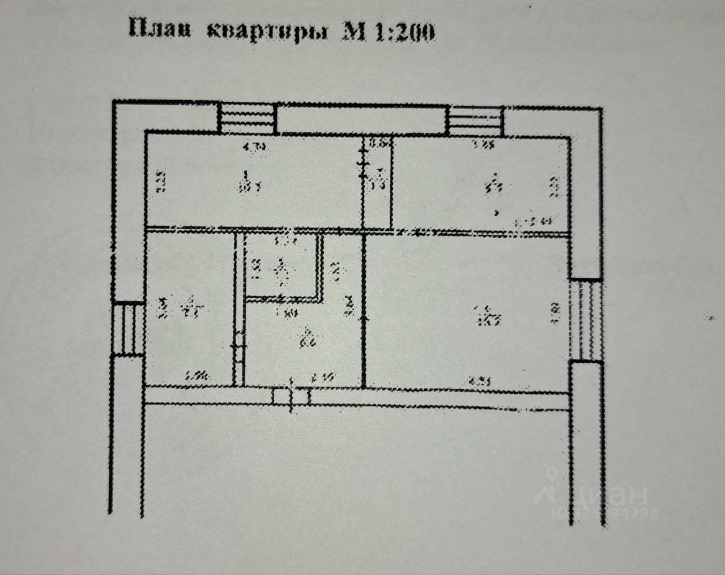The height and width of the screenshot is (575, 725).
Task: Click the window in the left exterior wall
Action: [129, 328]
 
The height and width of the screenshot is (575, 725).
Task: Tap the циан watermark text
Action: [612, 494]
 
